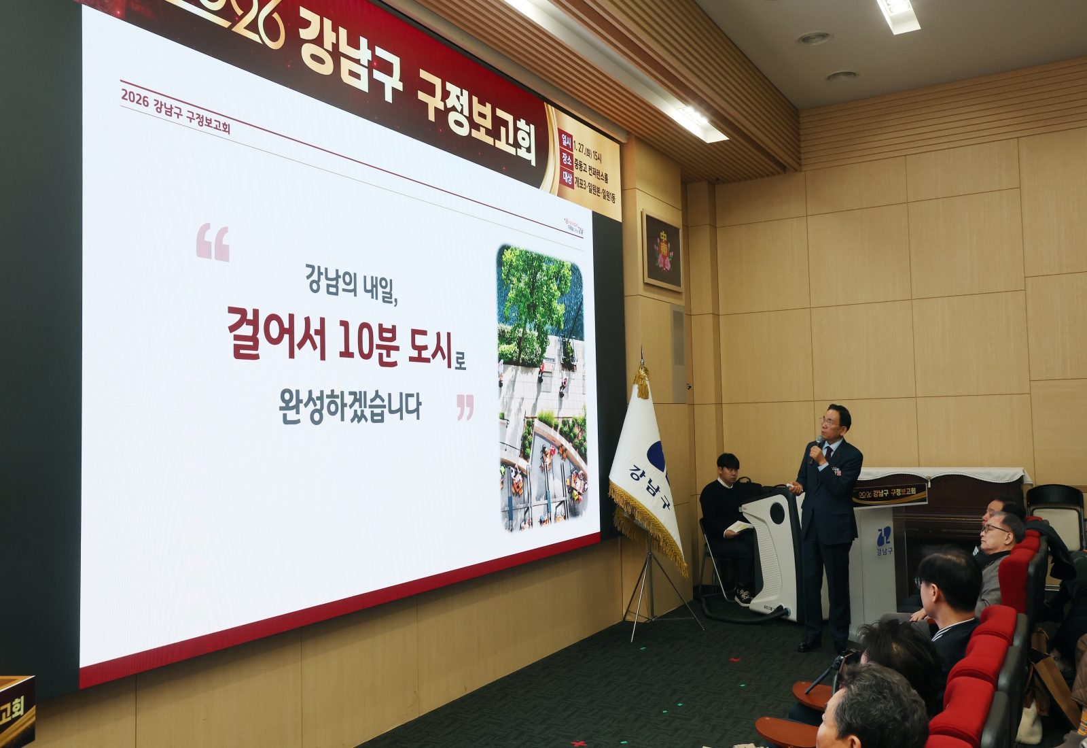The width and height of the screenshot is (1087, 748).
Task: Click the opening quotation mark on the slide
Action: point(213,243)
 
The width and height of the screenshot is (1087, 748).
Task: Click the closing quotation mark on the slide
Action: point(465,407)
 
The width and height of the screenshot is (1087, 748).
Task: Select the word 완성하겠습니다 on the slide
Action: point(350,406)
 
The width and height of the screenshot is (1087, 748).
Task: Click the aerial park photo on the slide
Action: point(543,388)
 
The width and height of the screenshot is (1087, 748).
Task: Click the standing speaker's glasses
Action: point(830,421)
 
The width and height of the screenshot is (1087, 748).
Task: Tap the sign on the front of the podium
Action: point(890,493)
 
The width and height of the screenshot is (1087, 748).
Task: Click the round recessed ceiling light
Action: point(814,38)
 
